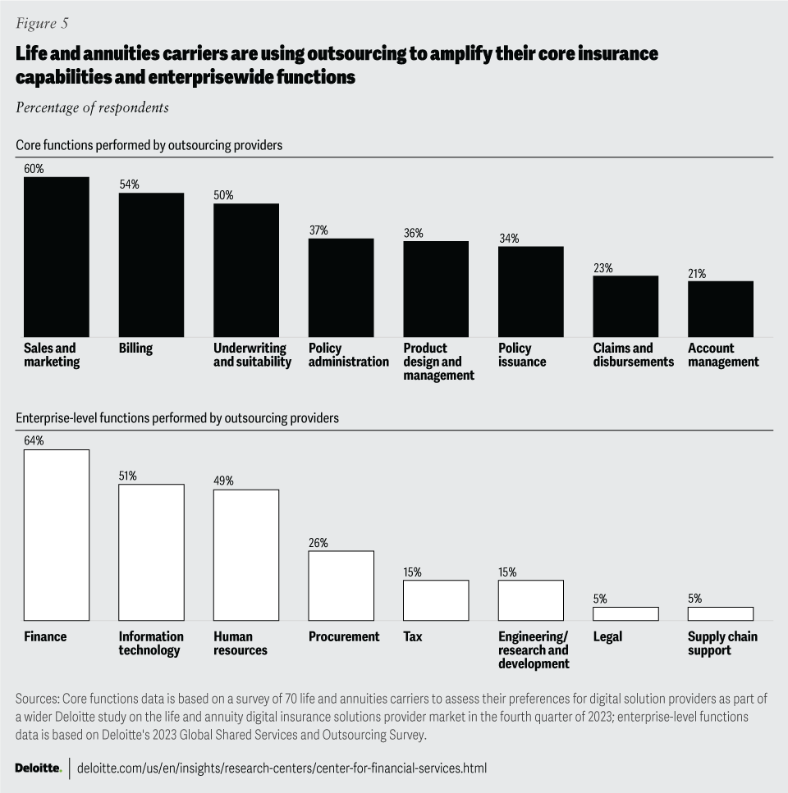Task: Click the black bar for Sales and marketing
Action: (x=56, y=257)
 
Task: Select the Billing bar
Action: (x=151, y=265)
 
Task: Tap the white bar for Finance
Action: (x=56, y=535)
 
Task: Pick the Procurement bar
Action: (x=341, y=586)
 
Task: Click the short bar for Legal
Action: (x=625, y=613)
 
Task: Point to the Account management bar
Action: (x=720, y=308)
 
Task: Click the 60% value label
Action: (x=34, y=169)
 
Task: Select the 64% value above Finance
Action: (x=34, y=441)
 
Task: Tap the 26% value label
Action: (x=318, y=543)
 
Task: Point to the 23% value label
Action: (x=603, y=268)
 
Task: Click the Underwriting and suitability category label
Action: (x=252, y=355)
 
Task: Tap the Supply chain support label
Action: (x=722, y=643)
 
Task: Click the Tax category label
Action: (x=412, y=636)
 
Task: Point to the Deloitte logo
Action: (x=38, y=768)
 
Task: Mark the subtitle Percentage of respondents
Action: (x=92, y=107)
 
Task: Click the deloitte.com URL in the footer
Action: (x=282, y=768)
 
